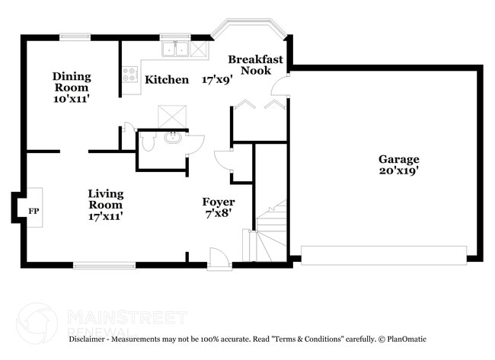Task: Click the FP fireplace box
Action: point(33,207)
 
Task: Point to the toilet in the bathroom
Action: point(148,142)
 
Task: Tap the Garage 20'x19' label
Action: point(399,165)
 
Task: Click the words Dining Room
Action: point(72,81)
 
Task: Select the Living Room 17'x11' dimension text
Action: point(105,216)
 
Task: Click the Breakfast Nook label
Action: point(255,65)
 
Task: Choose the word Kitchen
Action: point(167,80)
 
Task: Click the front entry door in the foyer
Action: point(219,260)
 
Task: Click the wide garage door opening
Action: point(384,255)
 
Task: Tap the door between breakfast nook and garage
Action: point(282,85)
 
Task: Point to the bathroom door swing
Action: point(195,144)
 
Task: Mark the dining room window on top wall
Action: point(75,36)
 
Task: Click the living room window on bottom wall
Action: point(104,265)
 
